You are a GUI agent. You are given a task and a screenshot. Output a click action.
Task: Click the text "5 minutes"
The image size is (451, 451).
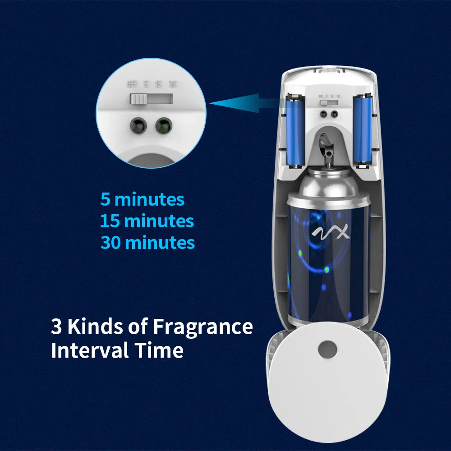pyautogui.click(x=142, y=199)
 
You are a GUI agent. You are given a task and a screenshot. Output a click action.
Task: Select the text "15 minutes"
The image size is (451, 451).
pyautogui.click(x=147, y=221)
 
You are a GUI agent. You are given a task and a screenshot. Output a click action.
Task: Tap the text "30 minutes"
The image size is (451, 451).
pyautogui.click(x=147, y=243)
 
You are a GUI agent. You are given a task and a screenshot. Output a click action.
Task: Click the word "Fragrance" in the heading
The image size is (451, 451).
pyautogui.click(x=202, y=327)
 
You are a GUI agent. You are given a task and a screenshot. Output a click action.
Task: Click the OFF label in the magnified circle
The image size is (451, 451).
pyautogui.click(x=132, y=84)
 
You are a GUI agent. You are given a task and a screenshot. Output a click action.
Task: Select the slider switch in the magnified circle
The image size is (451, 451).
pyautogui.click(x=139, y=99)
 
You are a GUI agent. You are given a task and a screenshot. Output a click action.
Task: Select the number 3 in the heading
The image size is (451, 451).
pyautogui.click(x=56, y=327)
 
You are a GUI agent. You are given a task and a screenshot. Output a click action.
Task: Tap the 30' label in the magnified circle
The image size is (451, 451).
pyautogui.click(x=172, y=84)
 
